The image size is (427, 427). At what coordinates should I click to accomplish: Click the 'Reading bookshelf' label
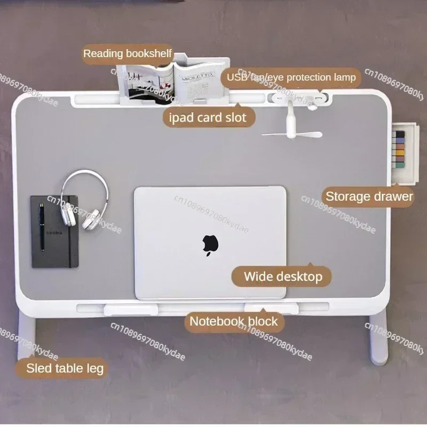tap(127, 53)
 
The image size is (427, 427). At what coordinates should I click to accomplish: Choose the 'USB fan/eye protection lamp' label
tap(291, 78)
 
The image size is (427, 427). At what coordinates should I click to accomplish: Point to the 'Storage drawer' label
tap(369, 196)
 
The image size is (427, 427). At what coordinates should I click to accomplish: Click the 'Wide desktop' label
tap(282, 276)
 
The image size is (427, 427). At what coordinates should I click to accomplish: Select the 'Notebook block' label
tap(234, 321)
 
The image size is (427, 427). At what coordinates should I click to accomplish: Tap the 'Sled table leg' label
tap(65, 367)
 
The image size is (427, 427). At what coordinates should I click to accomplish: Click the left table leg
tap(26, 336)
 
